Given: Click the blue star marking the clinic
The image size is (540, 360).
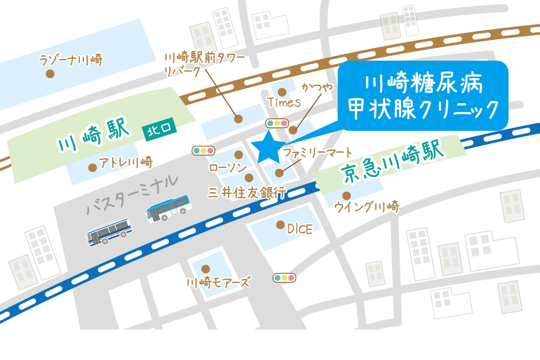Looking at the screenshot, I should coord(268,147).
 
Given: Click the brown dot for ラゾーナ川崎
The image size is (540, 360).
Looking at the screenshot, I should coord(50,74).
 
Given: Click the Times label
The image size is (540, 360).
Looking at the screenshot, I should coord(284,103).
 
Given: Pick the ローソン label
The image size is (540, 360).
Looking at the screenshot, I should coord(228,168).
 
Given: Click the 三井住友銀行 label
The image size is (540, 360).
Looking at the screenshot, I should coord(246,192).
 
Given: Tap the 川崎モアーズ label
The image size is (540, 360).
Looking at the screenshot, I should coord(218,283).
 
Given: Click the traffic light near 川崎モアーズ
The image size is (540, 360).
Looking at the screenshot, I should coord(284,277).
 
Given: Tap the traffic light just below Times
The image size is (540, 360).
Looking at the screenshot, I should coord(277,123).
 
